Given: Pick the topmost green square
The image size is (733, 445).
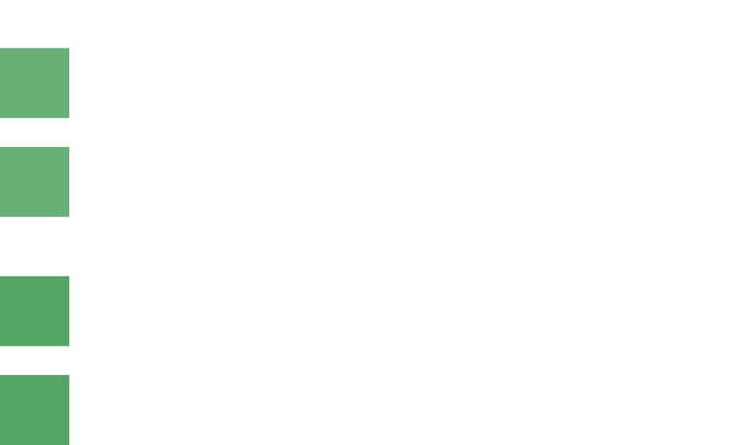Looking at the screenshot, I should pos(34,83).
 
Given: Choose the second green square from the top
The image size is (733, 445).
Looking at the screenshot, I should pos(34,181).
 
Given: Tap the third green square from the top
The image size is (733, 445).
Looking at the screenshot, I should pos(34,311).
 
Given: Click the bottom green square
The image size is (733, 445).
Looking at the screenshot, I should pos(34,409).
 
